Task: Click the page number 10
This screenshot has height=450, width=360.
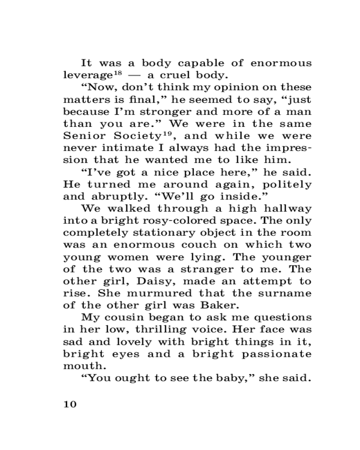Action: click(x=70, y=404)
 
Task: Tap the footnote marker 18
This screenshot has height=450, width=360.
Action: click(x=117, y=72)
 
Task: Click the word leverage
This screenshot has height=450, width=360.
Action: click(x=87, y=75)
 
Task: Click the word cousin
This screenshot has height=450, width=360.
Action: click(x=131, y=318)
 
